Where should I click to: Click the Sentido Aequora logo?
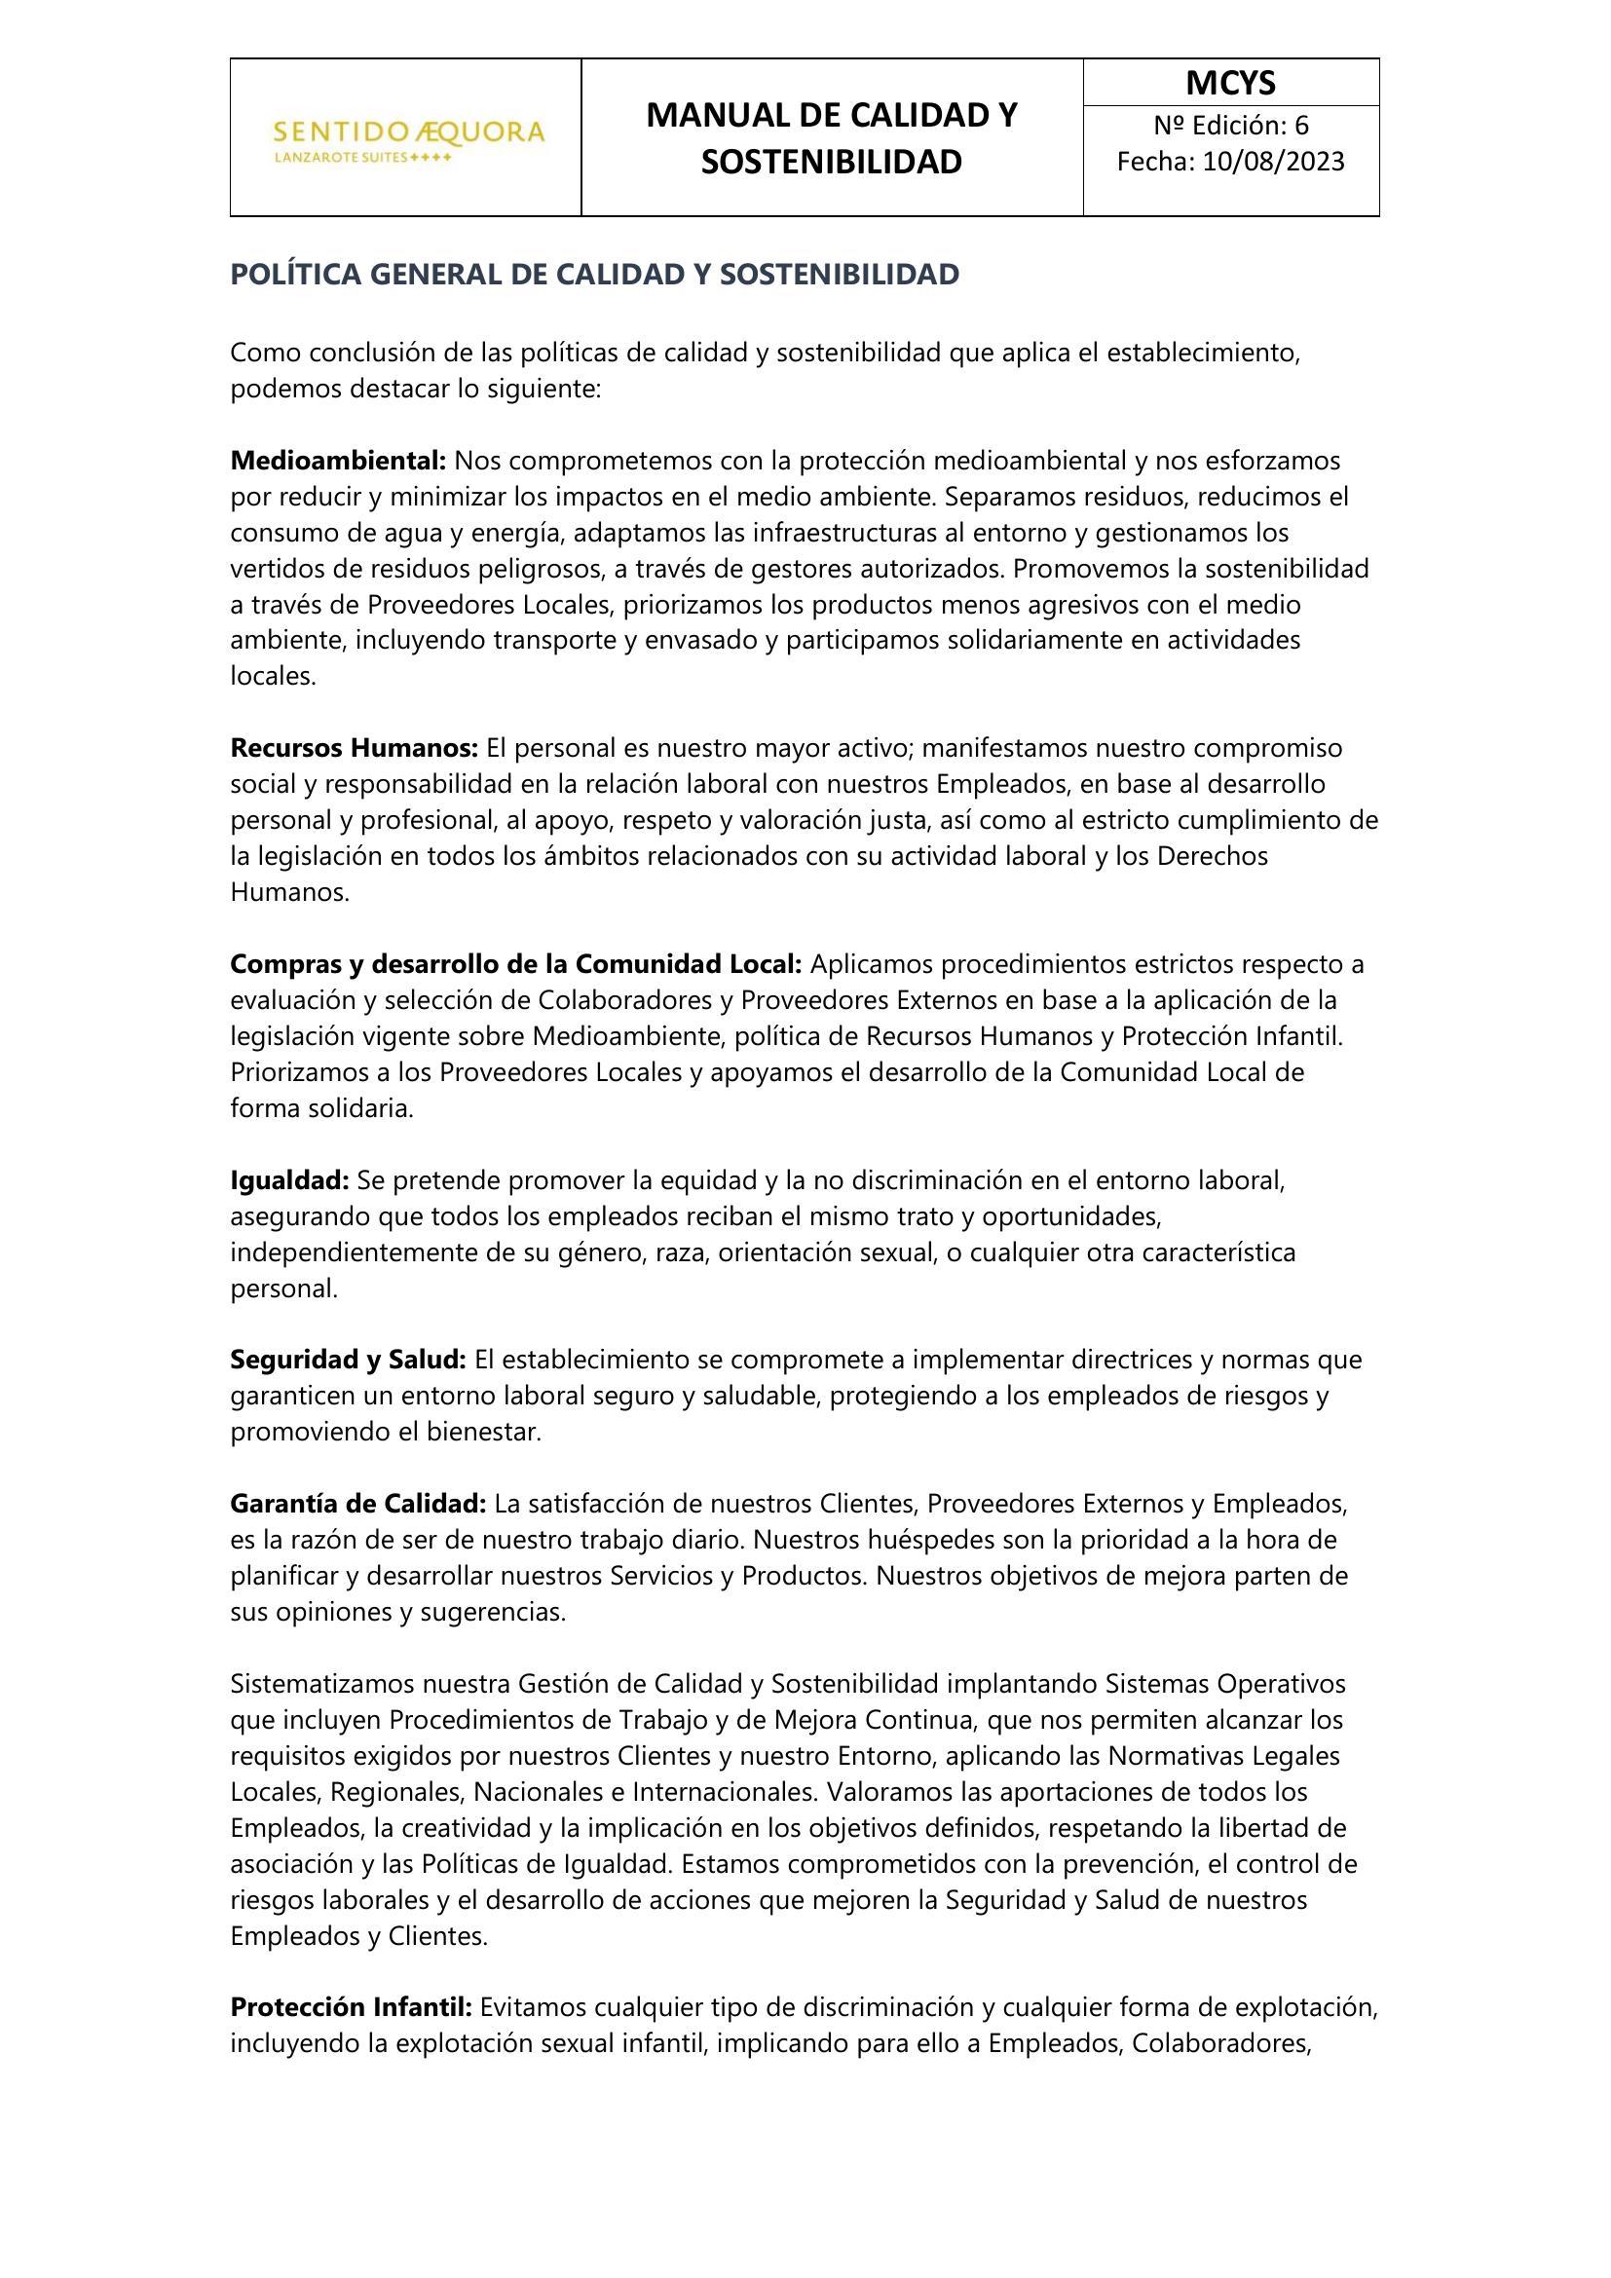(409, 139)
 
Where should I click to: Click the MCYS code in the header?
(1230, 84)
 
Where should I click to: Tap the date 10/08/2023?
(1273, 162)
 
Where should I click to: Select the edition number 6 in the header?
(1301, 126)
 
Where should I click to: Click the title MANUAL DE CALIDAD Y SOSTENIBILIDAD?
(831, 139)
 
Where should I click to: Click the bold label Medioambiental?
(338, 461)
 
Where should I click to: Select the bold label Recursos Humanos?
(355, 747)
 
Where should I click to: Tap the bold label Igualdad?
(289, 1179)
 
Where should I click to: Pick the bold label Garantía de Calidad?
(358, 1504)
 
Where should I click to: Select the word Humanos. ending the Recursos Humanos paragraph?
(289, 892)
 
